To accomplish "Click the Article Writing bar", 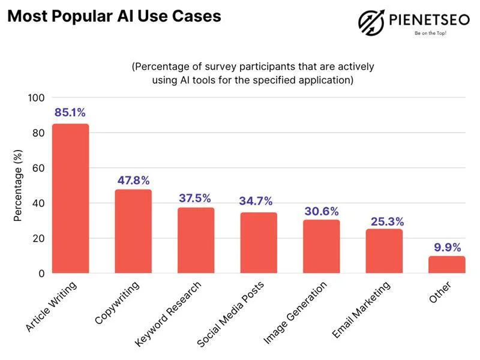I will (70, 199).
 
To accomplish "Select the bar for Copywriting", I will (133, 232).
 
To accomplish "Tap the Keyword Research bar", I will (196, 241).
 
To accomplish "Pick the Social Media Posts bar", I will (259, 243).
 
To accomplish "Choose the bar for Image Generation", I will (321, 247).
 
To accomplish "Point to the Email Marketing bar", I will (384, 251).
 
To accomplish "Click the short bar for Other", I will (447, 265).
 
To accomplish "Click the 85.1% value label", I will (70, 112).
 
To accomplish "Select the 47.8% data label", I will (133, 180).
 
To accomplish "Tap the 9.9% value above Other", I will (447, 246).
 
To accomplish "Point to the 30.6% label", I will (322, 211).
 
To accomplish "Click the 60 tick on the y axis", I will (38, 168).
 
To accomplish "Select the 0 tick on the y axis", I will (41, 274).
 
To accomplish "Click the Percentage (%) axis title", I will (19, 185).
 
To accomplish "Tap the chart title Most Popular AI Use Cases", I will (114, 16).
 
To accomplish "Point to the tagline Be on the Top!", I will (430, 34).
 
